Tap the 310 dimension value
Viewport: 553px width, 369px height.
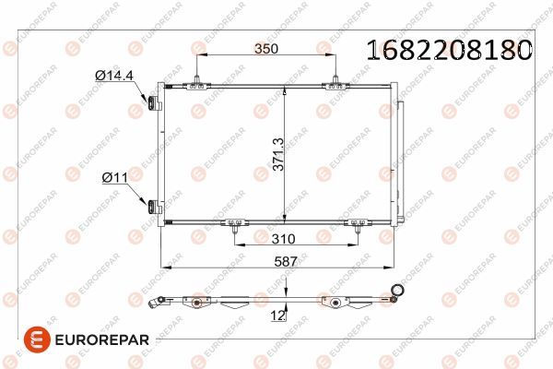click(x=295, y=238)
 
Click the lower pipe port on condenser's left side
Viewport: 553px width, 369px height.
click(x=147, y=205)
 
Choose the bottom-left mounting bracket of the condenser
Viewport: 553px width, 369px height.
click(x=237, y=222)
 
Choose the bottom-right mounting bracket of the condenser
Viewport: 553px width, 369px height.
click(x=355, y=222)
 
